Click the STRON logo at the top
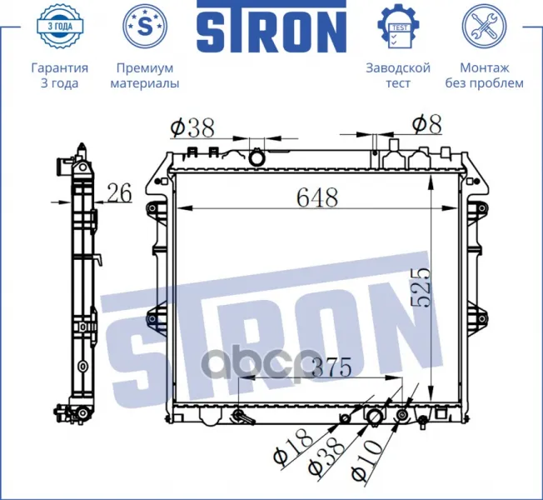coord(271,27)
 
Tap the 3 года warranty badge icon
coord(60,27)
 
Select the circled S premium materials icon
coord(145,27)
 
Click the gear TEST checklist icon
coord(398,27)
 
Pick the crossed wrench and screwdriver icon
coord(484,27)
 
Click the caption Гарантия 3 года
coord(60,76)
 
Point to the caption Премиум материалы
coord(145,76)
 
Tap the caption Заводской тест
coord(398,76)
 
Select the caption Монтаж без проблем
coord(484,76)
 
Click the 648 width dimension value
coord(317,197)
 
